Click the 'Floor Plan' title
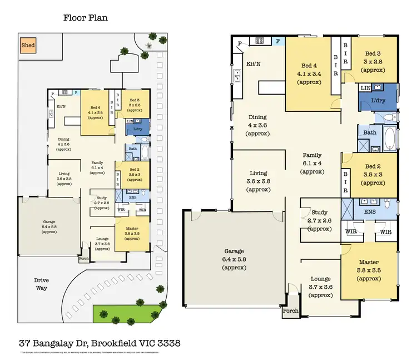[85, 18]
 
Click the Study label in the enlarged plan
[320, 213]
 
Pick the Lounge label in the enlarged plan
[320, 279]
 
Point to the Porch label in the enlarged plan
[290, 310]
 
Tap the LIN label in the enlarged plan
[365, 88]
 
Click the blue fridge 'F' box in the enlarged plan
[278, 41]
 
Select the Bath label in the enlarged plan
[370, 132]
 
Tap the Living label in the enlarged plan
[258, 173]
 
